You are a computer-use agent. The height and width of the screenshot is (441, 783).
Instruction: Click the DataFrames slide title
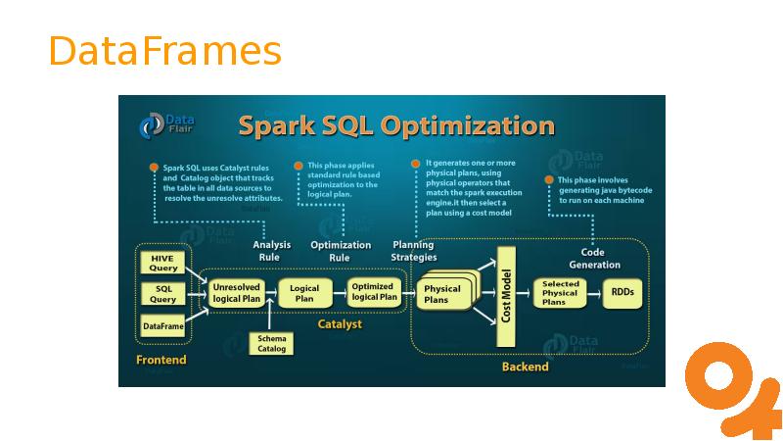(x=164, y=51)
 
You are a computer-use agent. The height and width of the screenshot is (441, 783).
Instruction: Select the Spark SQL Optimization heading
(x=396, y=126)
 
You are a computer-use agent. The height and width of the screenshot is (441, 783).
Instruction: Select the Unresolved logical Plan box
(x=236, y=292)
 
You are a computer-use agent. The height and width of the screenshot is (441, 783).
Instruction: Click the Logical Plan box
(x=304, y=292)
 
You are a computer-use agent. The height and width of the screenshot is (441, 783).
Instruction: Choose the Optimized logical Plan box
(x=374, y=291)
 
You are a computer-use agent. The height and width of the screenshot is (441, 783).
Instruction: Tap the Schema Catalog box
(x=271, y=343)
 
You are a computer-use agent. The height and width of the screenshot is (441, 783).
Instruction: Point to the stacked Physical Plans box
(x=442, y=294)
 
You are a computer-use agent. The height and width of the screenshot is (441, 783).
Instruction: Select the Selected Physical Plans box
(x=560, y=292)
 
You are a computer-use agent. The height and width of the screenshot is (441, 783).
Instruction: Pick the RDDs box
(x=622, y=292)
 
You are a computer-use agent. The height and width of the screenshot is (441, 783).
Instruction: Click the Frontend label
(x=161, y=360)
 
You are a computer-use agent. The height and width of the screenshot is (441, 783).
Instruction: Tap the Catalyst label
(x=339, y=323)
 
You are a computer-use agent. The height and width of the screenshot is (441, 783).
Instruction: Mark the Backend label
(x=525, y=367)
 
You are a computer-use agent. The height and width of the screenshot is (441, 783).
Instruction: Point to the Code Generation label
(x=594, y=258)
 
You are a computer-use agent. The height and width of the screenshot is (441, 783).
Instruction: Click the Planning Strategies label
(x=414, y=251)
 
